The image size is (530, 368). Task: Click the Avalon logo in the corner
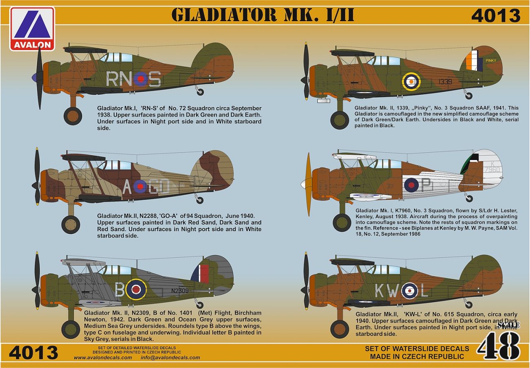point(32,28)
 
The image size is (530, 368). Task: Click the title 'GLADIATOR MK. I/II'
point(263,15)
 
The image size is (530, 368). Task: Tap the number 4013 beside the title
point(495,16)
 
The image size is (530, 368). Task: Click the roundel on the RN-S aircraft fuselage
point(140,79)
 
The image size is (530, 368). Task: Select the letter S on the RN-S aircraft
point(155,79)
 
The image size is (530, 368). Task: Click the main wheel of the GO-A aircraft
point(71,224)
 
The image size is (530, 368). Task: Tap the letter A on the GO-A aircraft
point(127,187)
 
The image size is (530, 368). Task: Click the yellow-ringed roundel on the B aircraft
point(136,289)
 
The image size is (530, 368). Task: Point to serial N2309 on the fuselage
point(180,291)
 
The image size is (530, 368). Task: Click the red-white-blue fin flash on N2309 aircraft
point(203,274)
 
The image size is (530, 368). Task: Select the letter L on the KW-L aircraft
point(424,291)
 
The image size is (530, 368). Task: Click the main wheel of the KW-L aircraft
point(339,328)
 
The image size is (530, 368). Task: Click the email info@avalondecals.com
point(170,358)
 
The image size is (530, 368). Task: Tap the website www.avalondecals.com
point(103,358)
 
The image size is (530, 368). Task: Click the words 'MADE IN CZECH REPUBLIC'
point(417,357)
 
